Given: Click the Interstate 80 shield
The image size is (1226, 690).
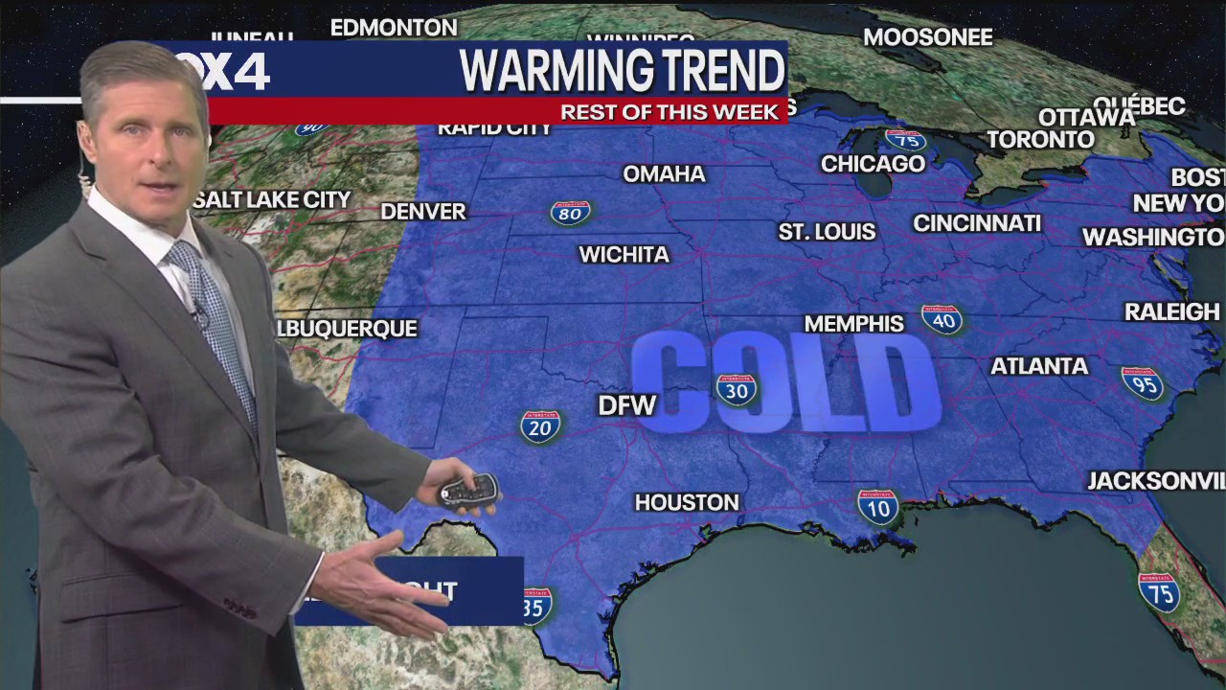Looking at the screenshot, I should [x=571, y=212].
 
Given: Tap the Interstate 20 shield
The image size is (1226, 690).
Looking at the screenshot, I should [x=540, y=425].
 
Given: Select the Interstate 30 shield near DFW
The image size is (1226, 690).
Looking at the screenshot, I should [x=737, y=389].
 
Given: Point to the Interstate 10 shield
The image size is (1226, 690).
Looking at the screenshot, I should [x=877, y=506].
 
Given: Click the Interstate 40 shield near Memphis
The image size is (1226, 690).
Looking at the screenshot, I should [x=942, y=319].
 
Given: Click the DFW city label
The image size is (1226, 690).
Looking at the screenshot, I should [x=626, y=405].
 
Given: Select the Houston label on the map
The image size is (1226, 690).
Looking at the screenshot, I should [x=687, y=502].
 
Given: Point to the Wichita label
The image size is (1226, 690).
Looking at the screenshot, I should [x=624, y=255].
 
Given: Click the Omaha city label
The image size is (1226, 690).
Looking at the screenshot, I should [x=664, y=174].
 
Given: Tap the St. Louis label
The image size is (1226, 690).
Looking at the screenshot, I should [x=827, y=232].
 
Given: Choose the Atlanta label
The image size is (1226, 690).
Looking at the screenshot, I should [x=1039, y=366].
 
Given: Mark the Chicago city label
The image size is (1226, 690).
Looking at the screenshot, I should [x=873, y=164].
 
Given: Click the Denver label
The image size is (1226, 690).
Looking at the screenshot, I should [x=423, y=212].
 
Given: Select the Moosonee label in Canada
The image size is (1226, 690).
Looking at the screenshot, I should [x=927, y=37].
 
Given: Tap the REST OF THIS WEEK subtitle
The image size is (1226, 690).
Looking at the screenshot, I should [x=669, y=112].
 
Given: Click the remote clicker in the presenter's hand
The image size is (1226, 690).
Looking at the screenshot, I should [x=469, y=490].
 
